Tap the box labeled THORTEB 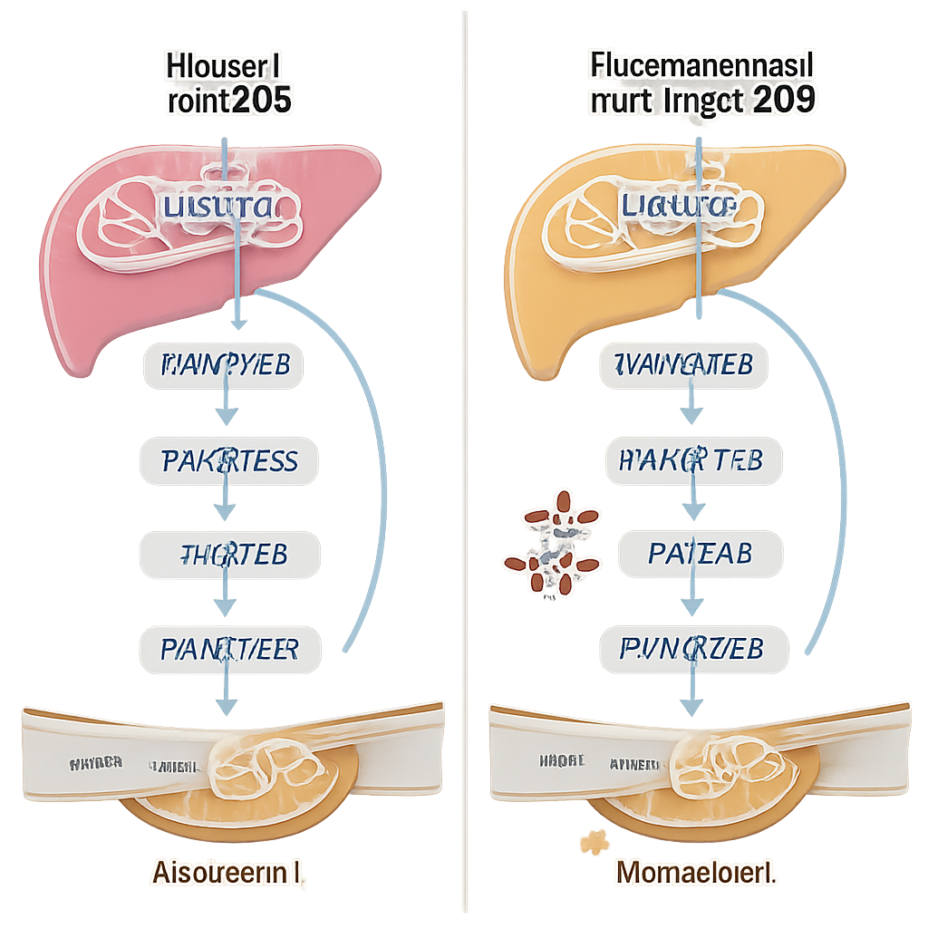(x=229, y=555)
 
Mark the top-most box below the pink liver (x=224, y=366)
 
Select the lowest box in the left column (x=230, y=649)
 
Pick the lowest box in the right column (x=694, y=649)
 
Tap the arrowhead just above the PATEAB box (x=693, y=509)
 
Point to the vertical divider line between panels (x=464, y=453)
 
